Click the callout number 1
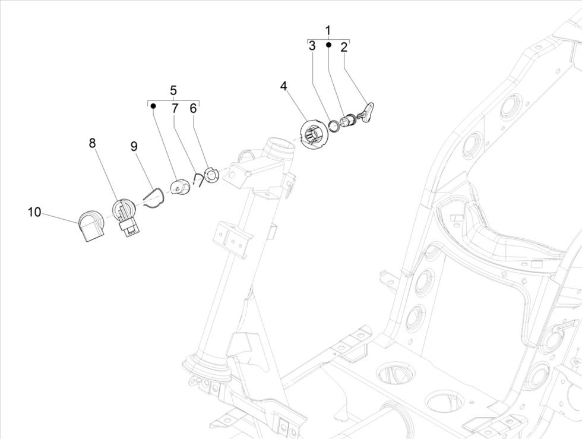[x=328, y=30]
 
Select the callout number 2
[x=344, y=48]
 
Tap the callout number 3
[x=312, y=48]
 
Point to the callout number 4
[x=284, y=86]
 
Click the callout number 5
[x=173, y=90]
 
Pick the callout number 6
[x=193, y=108]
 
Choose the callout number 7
[x=175, y=108]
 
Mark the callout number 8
[x=92, y=143]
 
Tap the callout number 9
[x=134, y=146]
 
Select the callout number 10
[x=34, y=211]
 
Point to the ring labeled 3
[x=335, y=125]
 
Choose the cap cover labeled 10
[x=91, y=226]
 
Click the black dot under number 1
[x=328, y=44]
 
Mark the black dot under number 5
[x=153, y=106]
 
